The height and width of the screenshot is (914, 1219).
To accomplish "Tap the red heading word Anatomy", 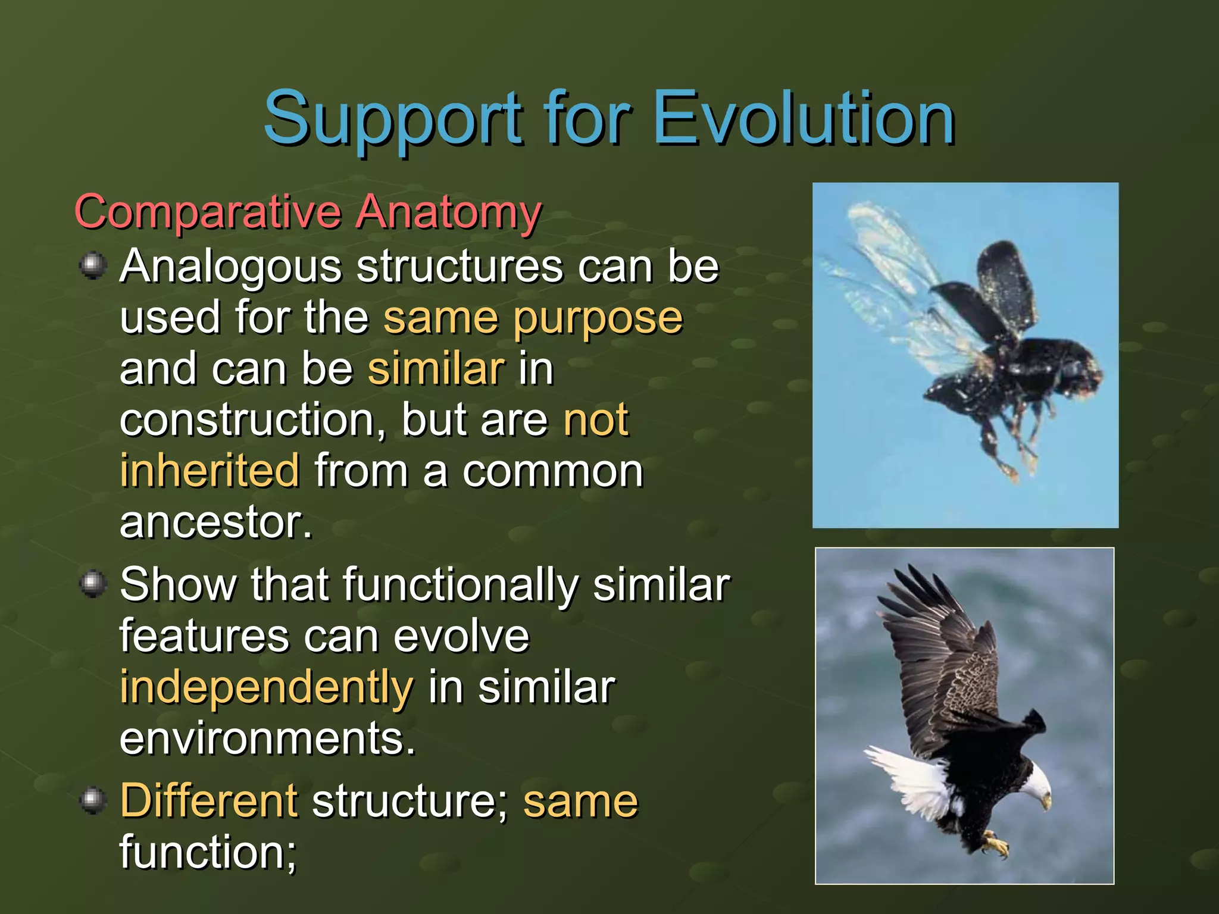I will click(449, 213).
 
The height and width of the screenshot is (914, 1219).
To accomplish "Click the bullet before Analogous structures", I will click(93, 265).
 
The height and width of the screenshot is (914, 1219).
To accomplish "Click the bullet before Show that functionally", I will click(93, 583).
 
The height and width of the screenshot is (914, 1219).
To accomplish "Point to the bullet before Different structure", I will click(93, 800).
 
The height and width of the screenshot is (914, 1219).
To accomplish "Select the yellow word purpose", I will click(598, 319).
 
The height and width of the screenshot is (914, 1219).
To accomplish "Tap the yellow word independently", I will click(266, 688).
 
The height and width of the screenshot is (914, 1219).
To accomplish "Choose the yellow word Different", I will click(208, 801).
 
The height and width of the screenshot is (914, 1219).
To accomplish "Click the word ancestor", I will click(215, 522).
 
